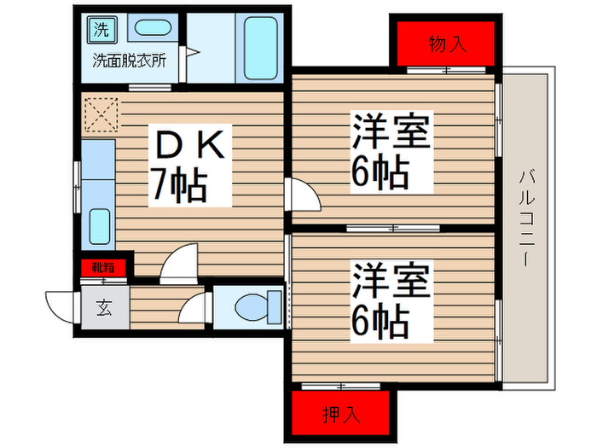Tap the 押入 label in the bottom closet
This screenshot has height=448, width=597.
[342, 415]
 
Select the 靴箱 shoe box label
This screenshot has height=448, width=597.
[103, 268]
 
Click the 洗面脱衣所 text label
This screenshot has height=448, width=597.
[129, 61]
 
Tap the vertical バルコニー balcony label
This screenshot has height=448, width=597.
[528, 218]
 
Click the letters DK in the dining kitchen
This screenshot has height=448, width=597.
[189, 147]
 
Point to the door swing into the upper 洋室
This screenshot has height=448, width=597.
[304, 195]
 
